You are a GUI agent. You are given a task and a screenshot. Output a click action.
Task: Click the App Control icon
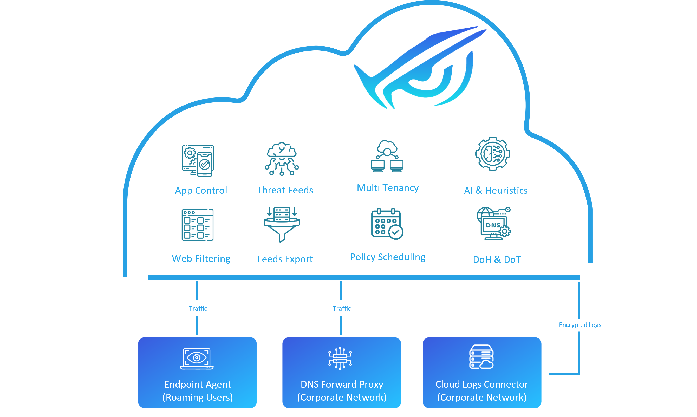point(198,161)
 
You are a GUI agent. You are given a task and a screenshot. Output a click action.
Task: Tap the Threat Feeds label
point(285,190)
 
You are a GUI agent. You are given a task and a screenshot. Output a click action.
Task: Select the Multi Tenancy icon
point(387,157)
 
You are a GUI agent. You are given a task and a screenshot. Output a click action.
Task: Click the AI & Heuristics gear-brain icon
point(492,154)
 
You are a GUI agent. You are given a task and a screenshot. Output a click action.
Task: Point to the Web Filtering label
point(201,258)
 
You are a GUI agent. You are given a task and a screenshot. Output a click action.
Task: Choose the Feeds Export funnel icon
point(282,225)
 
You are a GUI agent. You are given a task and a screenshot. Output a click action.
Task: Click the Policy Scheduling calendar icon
point(387,224)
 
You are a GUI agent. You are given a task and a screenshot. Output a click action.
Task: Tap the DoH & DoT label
point(497,260)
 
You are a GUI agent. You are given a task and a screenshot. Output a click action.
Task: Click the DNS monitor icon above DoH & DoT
point(494,224)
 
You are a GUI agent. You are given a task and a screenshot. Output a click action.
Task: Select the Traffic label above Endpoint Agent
point(198,309)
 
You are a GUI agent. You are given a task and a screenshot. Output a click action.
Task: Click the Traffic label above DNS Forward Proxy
point(342,309)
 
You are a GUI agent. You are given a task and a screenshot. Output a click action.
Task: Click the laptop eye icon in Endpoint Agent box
point(197,359)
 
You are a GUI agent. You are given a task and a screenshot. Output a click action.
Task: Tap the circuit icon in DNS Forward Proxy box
point(340,358)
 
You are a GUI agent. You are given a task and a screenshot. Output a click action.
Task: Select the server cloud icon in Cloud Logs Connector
point(481,357)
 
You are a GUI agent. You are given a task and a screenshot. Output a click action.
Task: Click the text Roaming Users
point(198,397)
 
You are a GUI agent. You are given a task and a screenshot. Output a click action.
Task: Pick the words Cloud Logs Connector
point(481,385)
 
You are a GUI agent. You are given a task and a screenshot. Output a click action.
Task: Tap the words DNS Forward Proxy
point(342,385)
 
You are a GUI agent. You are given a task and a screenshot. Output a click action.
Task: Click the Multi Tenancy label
point(387,188)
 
